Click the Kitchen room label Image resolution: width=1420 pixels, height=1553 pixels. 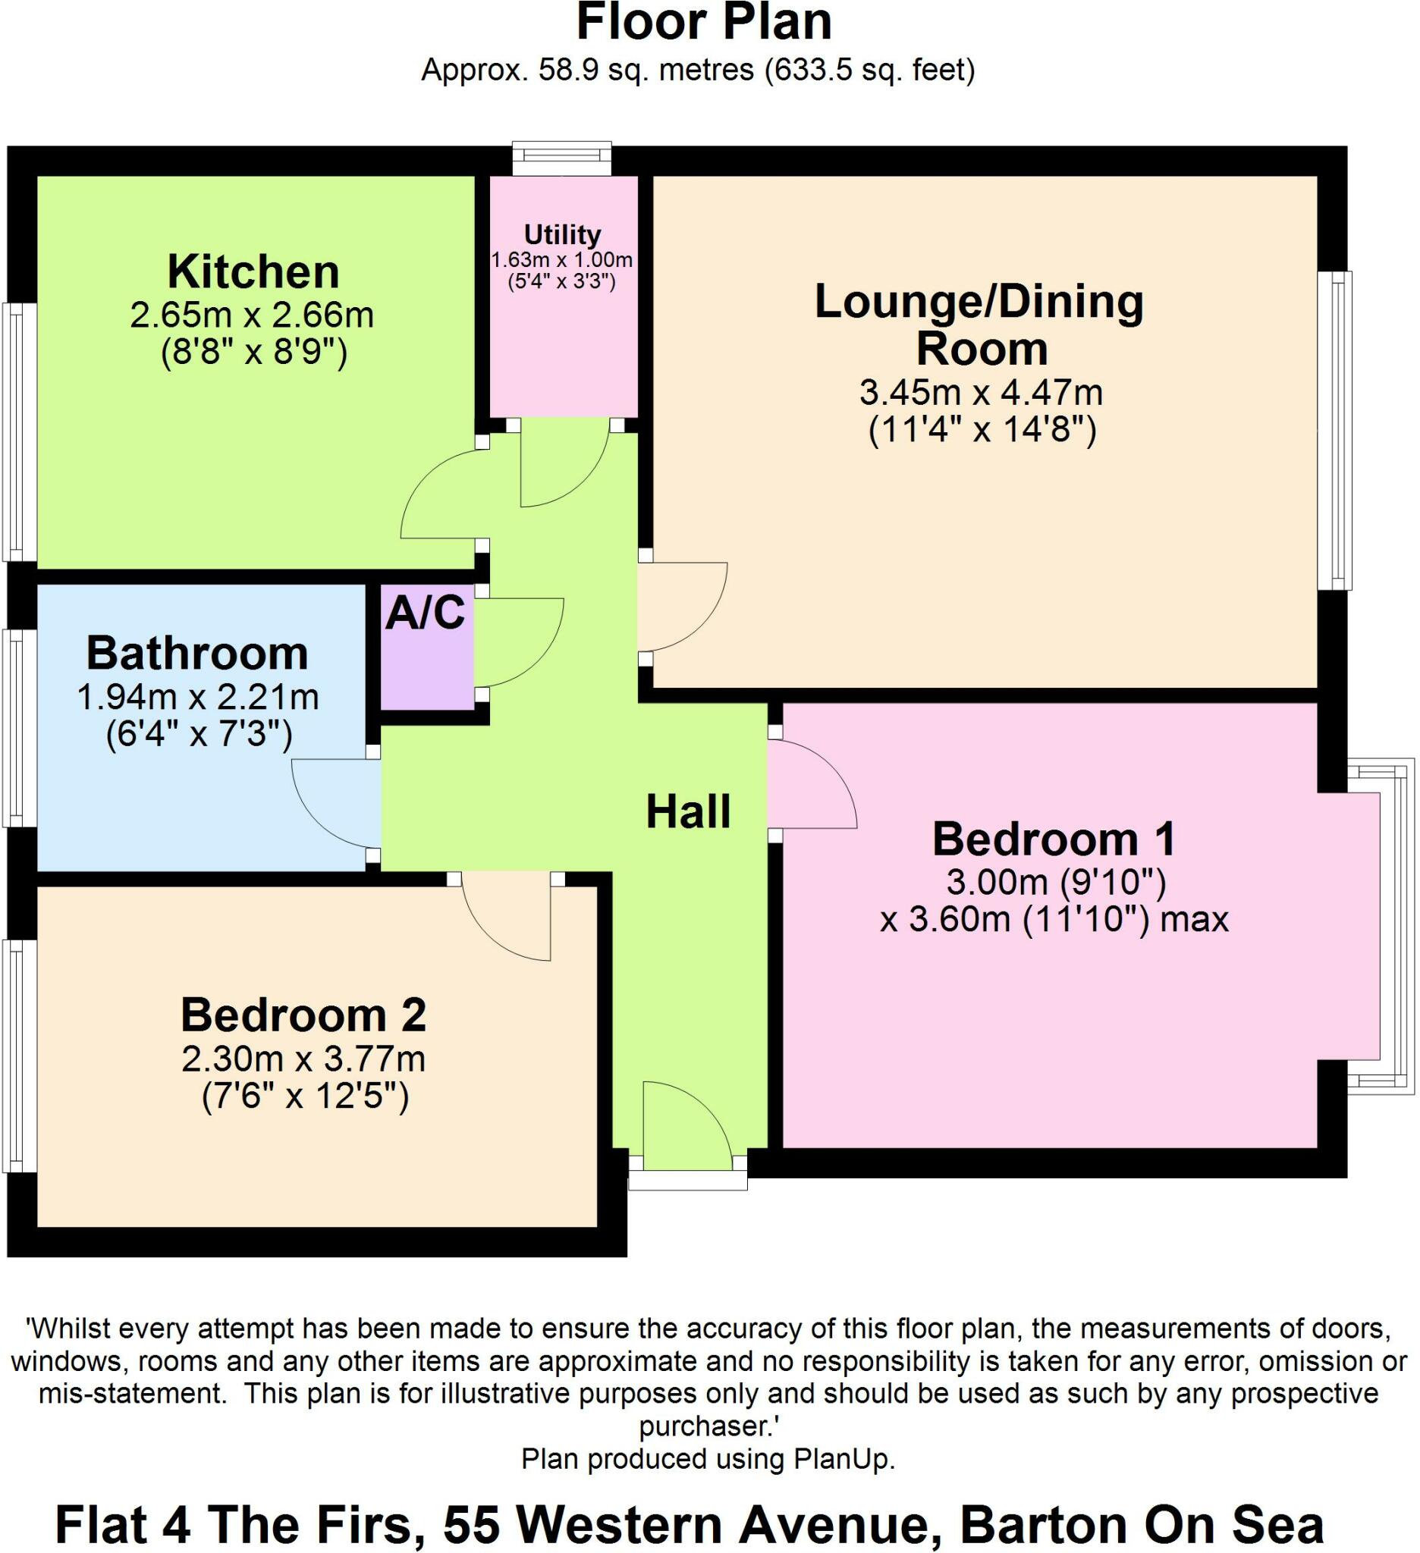pos(253,272)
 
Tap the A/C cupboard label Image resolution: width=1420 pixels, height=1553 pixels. pos(426,613)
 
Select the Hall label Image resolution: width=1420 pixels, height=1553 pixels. pos(687,812)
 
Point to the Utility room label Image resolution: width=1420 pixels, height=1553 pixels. pos(561,234)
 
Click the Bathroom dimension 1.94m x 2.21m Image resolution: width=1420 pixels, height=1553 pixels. pos(198,697)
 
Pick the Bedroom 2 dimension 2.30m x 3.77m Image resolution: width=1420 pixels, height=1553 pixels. pos(303,1059)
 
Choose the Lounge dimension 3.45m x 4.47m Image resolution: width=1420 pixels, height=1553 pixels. pos(981,393)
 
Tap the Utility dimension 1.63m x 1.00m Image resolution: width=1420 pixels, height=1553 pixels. pos(561,259)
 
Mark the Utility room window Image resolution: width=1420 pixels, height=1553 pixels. pos(562,158)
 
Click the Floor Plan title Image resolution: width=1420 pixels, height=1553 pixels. pos(703,23)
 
